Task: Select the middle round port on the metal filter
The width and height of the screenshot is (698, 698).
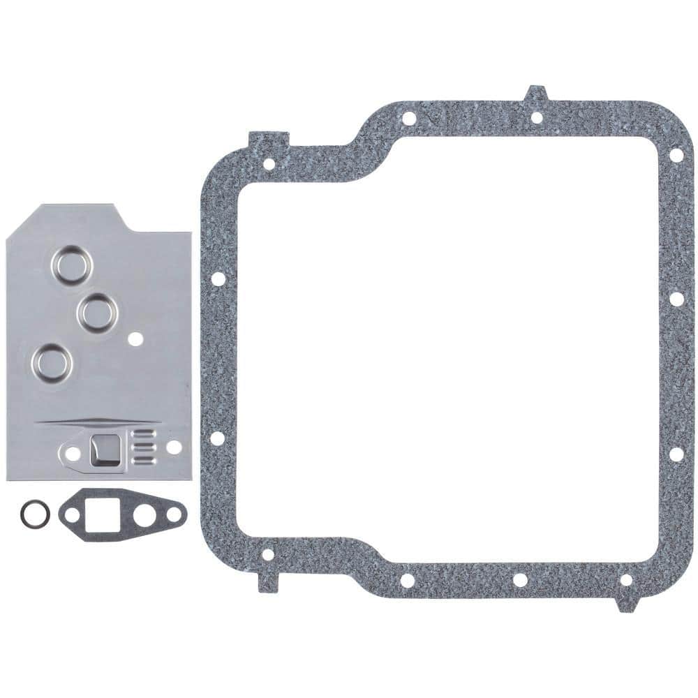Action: tap(97, 311)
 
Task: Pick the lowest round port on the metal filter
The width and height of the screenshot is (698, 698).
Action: tap(54, 362)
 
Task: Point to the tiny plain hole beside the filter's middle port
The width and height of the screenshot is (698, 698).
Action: tap(137, 340)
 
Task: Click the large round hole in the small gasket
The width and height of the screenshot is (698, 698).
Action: tap(143, 517)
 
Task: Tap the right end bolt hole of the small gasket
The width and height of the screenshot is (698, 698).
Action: tap(175, 516)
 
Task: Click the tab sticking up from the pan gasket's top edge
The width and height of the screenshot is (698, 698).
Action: tap(536, 94)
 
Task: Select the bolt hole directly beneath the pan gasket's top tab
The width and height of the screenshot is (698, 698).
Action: tap(536, 117)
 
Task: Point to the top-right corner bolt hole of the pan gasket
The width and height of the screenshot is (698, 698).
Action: tap(675, 155)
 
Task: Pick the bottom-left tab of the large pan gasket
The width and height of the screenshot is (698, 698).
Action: tap(268, 579)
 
